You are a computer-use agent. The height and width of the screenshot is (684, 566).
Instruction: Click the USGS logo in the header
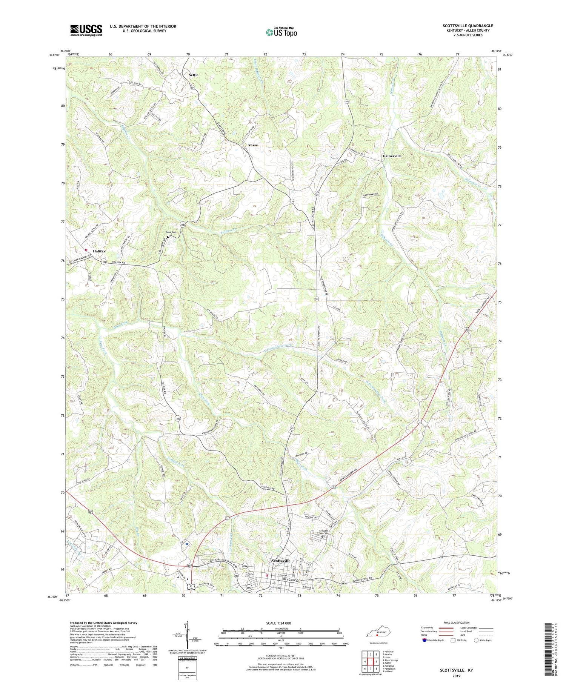pyautogui.click(x=86, y=30)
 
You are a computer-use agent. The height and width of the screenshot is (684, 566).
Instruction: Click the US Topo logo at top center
pyautogui.click(x=281, y=32)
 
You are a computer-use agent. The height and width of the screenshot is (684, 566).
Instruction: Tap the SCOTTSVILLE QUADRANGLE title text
pyautogui.click(x=468, y=26)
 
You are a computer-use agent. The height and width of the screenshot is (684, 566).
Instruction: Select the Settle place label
pyautogui.click(x=194, y=75)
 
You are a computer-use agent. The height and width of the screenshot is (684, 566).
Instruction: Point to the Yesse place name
pyautogui.click(x=253, y=145)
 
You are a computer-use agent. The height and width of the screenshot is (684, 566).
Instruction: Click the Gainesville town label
pyautogui.click(x=392, y=156)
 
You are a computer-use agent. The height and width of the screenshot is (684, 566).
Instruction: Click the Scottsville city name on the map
pyautogui.click(x=281, y=561)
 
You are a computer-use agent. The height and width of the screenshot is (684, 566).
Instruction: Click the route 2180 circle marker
pyautogui.click(x=183, y=224)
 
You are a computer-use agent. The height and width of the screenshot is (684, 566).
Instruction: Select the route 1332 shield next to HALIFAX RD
pyautogui.click(x=103, y=261)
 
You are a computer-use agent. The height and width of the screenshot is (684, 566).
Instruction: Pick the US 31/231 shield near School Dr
pyautogui.click(x=191, y=585)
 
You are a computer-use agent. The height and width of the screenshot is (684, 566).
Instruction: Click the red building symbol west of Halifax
pyautogui.click(x=86, y=249)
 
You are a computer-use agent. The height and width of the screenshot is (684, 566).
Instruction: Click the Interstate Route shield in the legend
pyautogui.click(x=425, y=640)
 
